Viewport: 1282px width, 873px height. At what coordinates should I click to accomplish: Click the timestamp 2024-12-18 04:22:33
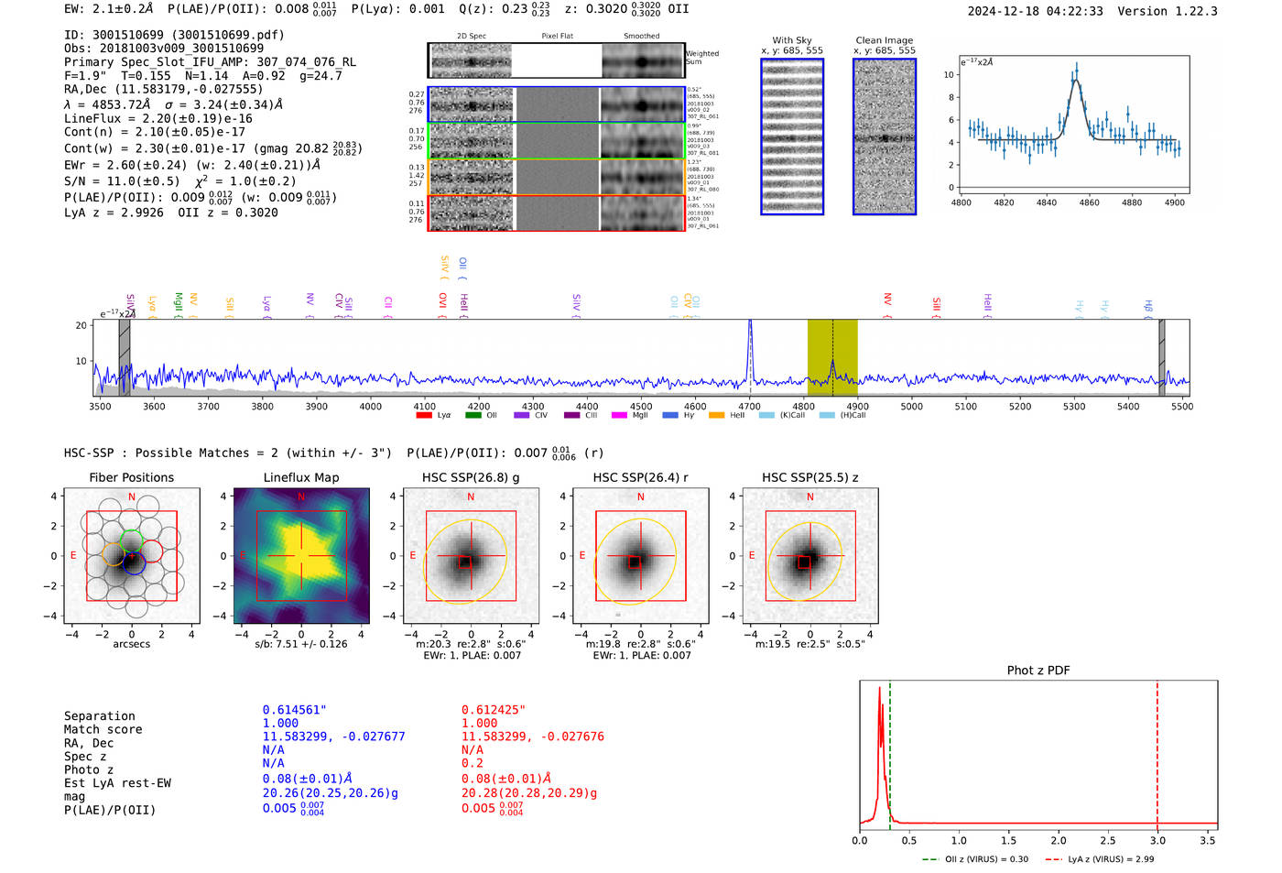click(x=1035, y=11)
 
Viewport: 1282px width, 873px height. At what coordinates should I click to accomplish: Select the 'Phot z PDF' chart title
click(x=1038, y=671)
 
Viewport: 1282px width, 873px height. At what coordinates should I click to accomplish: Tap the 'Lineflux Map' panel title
click(x=301, y=477)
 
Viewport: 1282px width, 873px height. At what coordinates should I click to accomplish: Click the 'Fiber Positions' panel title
click(x=131, y=477)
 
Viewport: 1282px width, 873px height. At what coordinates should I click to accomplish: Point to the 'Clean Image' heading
click(x=884, y=40)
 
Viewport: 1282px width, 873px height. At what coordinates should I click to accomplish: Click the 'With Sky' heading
click(x=791, y=40)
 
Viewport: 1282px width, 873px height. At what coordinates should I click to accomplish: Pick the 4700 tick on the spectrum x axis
click(x=750, y=406)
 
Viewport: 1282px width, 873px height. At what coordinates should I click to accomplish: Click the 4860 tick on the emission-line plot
click(x=1089, y=202)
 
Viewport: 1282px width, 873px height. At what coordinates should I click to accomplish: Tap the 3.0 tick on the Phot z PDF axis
click(x=1157, y=840)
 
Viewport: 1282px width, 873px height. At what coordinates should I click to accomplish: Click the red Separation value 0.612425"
click(x=494, y=710)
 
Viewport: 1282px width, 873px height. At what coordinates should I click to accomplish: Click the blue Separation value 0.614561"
click(x=294, y=710)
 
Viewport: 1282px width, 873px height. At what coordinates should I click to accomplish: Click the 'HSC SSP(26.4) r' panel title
click(x=640, y=477)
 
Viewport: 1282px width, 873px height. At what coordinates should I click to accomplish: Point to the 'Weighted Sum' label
click(x=701, y=58)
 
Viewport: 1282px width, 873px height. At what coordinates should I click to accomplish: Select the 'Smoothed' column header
click(x=641, y=36)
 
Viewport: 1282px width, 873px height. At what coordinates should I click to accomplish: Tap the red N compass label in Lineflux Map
click(x=301, y=497)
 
